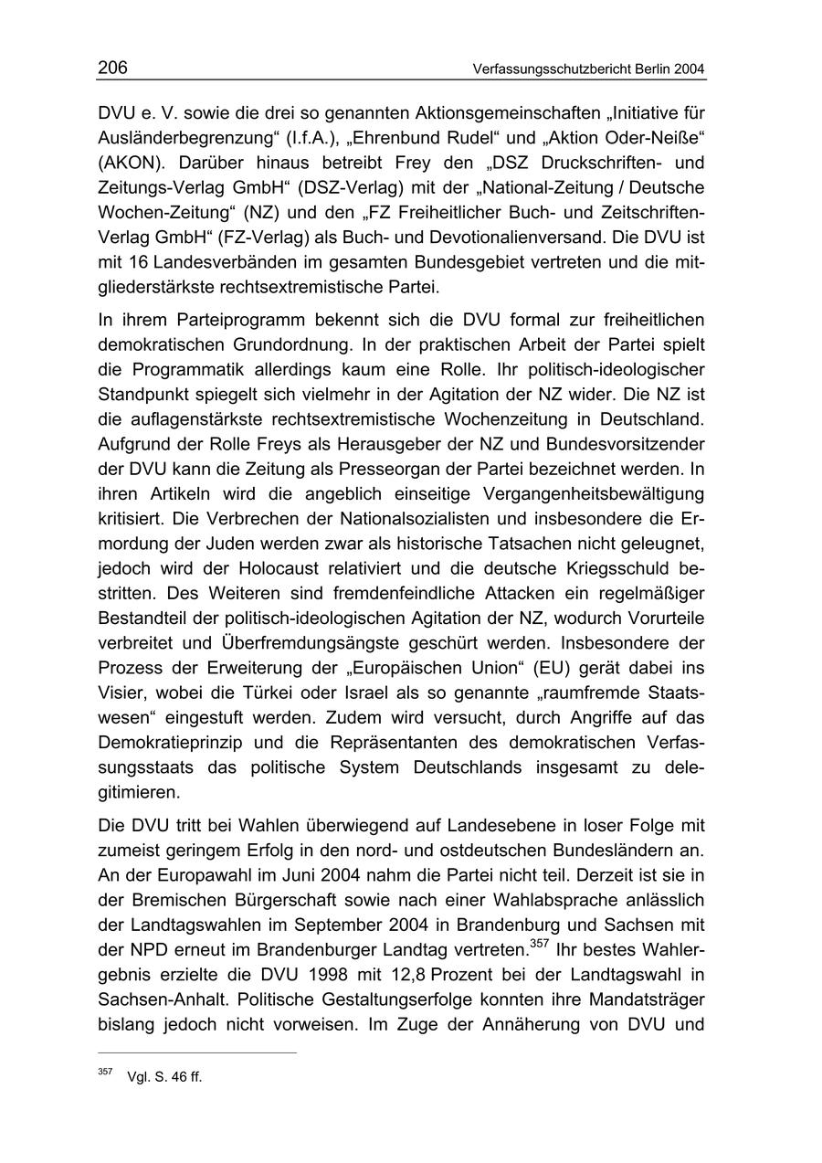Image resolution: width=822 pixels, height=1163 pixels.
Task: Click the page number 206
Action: (112, 68)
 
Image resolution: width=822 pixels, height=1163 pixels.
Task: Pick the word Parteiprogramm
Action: (221, 322)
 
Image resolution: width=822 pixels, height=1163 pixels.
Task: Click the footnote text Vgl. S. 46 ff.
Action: (165, 1077)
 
